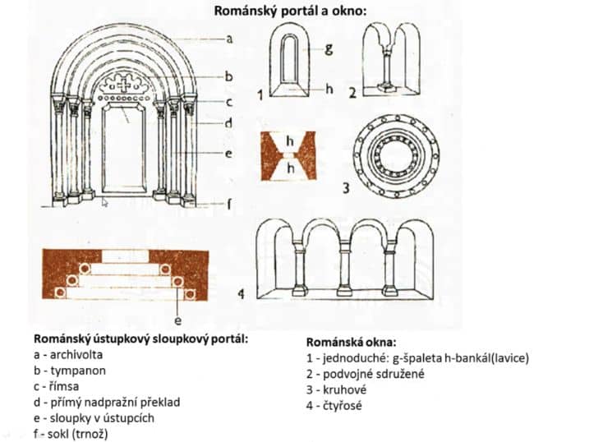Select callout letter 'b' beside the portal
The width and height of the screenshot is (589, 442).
pyautogui.click(x=230, y=76)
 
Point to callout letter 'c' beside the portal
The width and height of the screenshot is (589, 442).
pyautogui.click(x=230, y=101)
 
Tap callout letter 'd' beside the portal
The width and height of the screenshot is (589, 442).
pyautogui.click(x=230, y=125)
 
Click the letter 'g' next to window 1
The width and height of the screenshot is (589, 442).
pyautogui.click(x=328, y=49)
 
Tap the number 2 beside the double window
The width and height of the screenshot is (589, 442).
pyautogui.click(x=352, y=93)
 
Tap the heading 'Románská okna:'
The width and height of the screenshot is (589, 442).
pyautogui.click(x=351, y=342)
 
